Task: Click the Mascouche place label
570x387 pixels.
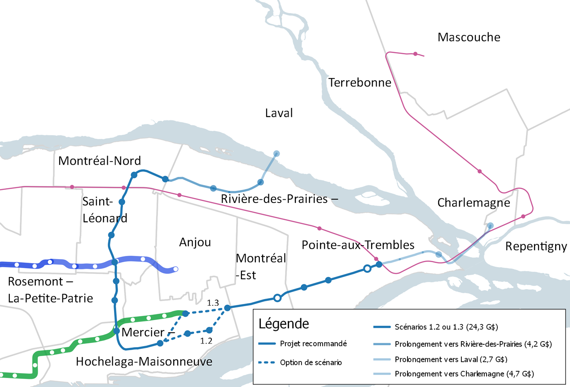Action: coord(469,37)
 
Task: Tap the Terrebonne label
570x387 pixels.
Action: coord(360,83)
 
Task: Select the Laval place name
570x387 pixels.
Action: coord(279,113)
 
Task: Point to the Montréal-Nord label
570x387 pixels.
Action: coord(100,161)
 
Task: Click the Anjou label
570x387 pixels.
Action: coord(195,242)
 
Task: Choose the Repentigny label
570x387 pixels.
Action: coord(536,246)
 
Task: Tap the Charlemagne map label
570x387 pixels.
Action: coord(474,203)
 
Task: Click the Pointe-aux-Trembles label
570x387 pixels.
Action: coord(358,245)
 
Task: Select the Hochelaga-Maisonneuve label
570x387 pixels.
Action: coord(144,361)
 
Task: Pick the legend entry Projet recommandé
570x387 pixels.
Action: coord(313,344)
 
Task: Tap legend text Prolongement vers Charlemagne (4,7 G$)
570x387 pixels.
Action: coord(465,374)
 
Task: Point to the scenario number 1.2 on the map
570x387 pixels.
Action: coord(206,341)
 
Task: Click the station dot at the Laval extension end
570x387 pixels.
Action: coord(276,154)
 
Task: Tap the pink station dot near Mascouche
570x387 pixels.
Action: coord(416,54)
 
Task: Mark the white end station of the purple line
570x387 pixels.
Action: coord(176,269)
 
